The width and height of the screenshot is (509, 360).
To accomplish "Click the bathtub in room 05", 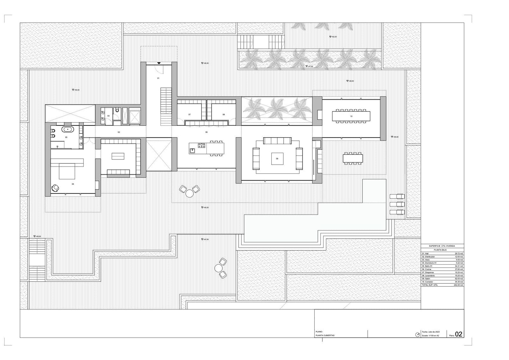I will [68, 130].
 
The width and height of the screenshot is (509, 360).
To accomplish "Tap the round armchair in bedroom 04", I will [56, 188].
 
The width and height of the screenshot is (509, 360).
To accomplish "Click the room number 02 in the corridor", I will [119, 132].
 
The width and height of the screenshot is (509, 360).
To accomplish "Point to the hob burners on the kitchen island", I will [202, 146].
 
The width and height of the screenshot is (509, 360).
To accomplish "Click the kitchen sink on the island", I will [192, 150].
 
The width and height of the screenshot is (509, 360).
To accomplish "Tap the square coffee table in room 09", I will [277, 158].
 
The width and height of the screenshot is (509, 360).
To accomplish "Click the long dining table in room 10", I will [351, 116].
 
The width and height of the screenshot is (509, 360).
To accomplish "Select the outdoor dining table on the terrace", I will [353, 158].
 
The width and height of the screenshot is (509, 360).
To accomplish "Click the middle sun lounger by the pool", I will [397, 204].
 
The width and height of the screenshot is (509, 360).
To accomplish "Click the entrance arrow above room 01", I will [159, 63].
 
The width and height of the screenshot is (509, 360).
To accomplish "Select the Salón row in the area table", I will [442, 279].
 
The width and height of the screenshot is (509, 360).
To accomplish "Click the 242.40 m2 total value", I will [458, 285].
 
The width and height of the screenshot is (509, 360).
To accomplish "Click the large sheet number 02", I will [458, 334].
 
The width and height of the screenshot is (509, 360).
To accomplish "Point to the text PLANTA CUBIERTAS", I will [325, 335].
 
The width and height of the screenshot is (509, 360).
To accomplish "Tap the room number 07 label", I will [189, 114].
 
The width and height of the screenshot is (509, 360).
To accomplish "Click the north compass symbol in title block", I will [417, 335].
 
